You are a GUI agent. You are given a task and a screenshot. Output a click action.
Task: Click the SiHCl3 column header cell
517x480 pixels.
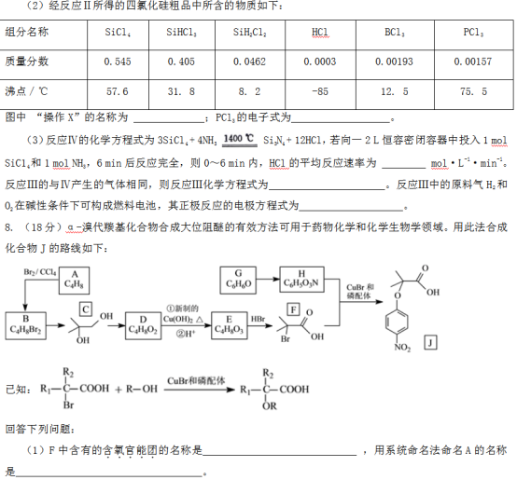tap(182, 33)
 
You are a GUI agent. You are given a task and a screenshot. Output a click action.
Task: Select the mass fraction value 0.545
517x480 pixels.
tap(118, 62)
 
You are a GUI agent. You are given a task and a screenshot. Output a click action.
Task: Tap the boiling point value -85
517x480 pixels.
tap(320, 91)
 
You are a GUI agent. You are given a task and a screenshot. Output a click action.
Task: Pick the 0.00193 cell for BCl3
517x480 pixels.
tap(394, 62)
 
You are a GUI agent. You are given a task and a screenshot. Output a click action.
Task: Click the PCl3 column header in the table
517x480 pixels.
tap(473, 33)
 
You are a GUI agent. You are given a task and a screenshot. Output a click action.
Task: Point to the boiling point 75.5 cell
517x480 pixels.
tap(473, 91)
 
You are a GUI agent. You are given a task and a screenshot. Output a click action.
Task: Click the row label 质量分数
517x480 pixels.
tap(27, 62)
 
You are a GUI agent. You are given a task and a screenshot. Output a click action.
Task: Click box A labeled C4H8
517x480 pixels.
tap(74, 281)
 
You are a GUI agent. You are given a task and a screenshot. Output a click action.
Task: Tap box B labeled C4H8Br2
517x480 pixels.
tap(26, 325)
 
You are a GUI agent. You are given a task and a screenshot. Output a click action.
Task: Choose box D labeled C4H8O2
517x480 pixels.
tap(143, 325)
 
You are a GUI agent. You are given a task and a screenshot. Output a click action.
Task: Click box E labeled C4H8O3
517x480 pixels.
tap(230, 325)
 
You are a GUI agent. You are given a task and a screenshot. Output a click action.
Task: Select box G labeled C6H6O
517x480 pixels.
tap(238, 281)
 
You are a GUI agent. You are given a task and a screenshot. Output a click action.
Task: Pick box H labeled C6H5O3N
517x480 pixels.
tap(301, 281)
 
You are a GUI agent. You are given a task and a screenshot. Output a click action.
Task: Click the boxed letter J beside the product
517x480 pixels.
tap(430, 343)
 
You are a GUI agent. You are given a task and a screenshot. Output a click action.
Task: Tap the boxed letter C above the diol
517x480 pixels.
tap(86, 309)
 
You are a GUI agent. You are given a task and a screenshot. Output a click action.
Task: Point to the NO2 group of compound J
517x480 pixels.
tap(402, 347)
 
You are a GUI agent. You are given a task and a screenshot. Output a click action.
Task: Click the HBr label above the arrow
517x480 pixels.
tap(258, 319)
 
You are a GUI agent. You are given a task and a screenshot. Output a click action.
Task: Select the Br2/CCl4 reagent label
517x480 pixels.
tap(39, 272)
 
